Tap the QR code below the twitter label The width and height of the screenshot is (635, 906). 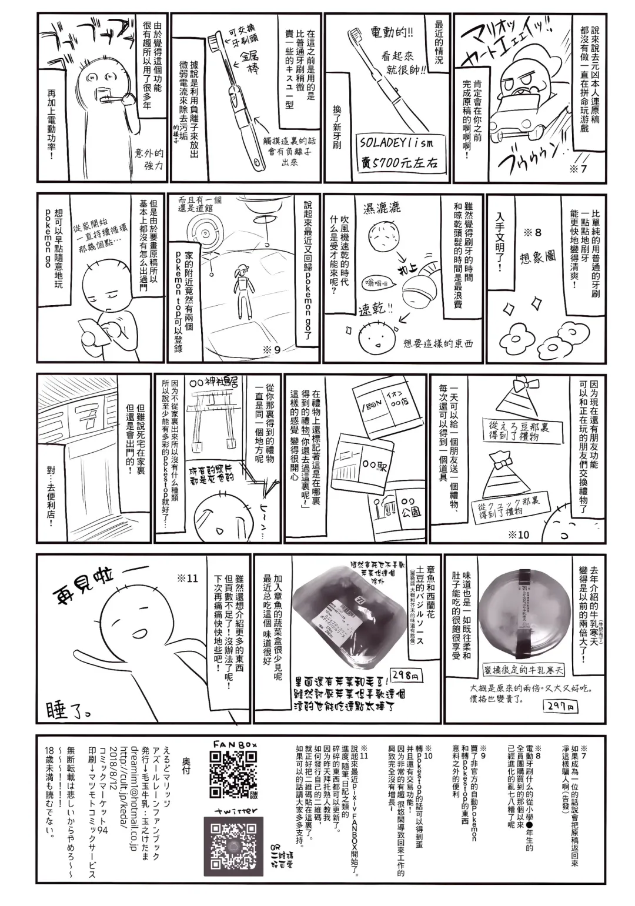[233, 845]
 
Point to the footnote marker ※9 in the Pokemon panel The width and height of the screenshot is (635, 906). [271, 349]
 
